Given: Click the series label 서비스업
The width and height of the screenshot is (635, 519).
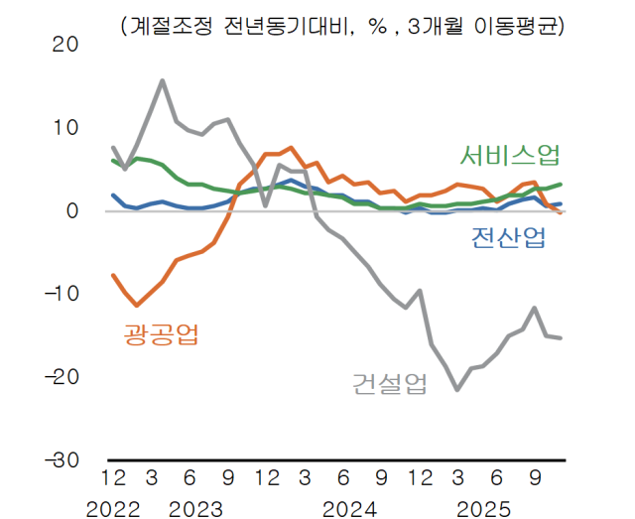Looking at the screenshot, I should (509, 156).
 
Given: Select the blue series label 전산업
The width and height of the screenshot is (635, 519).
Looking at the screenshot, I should (507, 238).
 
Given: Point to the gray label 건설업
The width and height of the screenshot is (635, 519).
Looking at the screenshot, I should (389, 383).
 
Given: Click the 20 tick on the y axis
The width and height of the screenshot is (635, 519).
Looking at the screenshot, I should (65, 45).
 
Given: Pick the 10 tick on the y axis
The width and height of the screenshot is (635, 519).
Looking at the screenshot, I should (65, 128).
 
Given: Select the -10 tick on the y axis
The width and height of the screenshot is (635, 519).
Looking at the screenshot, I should (60, 294).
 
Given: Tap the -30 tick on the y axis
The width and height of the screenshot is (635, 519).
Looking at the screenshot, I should (60, 460).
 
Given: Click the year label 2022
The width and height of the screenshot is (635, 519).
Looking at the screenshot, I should (114, 508).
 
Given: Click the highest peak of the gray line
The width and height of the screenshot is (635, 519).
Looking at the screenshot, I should (163, 80).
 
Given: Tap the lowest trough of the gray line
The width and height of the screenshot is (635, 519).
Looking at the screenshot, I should (457, 389).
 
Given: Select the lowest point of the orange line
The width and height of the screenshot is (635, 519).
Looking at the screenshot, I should (137, 305).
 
